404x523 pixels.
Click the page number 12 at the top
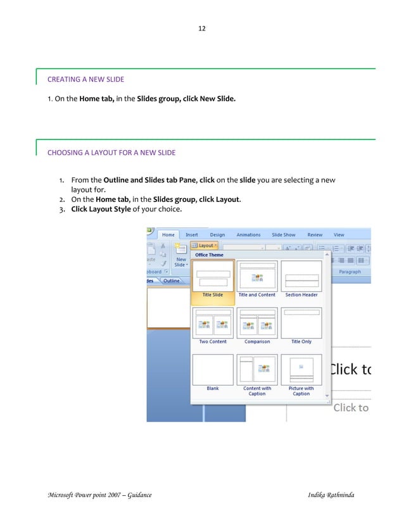tap(202, 28)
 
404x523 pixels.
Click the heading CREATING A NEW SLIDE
tap(85, 79)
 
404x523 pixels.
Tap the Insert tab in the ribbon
tap(191, 235)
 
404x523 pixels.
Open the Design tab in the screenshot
tap(217, 235)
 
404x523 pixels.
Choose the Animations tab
tap(248, 235)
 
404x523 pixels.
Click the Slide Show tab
tap(284, 235)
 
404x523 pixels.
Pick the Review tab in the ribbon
tap(315, 235)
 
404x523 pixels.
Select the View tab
tap(339, 235)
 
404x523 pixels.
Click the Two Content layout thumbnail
tap(213, 324)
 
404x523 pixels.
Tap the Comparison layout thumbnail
tap(256, 324)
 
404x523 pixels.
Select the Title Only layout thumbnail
tap(301, 324)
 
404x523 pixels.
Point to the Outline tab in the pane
tap(171, 280)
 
